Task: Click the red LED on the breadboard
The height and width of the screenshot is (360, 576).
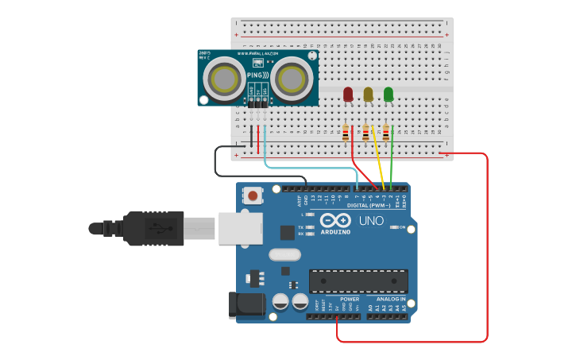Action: [348, 95]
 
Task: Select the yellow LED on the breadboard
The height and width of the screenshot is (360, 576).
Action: [368, 95]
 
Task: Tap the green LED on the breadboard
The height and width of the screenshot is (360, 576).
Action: [389, 95]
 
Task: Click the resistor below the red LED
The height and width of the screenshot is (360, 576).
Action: [346, 133]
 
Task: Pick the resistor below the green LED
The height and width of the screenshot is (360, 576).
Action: [386, 133]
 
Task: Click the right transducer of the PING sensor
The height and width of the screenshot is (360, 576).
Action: [292, 79]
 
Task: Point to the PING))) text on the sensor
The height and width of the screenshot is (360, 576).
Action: [257, 75]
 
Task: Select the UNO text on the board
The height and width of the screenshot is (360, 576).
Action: [371, 221]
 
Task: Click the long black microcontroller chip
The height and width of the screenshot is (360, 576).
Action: [358, 281]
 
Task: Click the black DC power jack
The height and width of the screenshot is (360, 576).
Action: [246, 305]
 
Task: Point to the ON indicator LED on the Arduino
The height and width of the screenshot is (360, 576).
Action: [395, 227]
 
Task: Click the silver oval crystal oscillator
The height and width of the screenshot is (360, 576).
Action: [284, 255]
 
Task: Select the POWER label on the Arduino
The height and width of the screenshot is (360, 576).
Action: [350, 299]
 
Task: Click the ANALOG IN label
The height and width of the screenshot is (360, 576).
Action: [385, 299]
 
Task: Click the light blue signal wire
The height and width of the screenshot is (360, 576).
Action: [310, 168]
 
